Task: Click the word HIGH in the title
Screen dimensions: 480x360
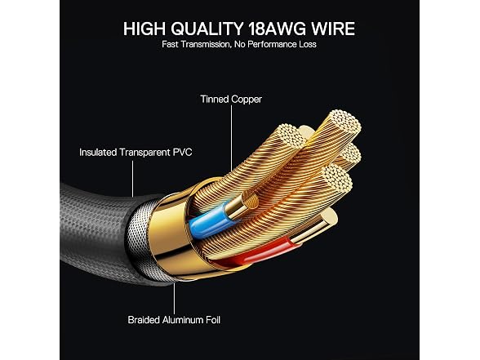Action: (144, 29)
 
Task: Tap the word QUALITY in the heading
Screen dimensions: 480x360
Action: (207, 29)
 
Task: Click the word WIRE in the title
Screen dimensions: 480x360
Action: (333, 29)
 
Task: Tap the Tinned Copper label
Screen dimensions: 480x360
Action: (231, 100)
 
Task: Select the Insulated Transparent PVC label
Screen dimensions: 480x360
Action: (136, 152)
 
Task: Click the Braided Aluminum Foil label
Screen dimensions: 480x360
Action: (174, 320)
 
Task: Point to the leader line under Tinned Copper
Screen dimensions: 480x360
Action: (232, 139)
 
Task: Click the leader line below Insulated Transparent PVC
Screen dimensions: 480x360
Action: (132, 179)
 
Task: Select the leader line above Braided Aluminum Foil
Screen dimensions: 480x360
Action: (174, 299)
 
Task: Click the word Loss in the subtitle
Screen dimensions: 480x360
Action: (308, 44)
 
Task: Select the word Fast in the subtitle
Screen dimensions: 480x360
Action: (170, 44)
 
